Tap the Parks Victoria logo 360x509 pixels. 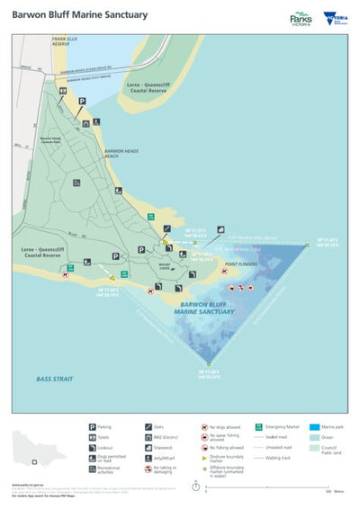300,18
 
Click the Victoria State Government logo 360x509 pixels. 333,17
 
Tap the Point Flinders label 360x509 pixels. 242,264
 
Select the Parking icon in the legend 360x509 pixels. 92,426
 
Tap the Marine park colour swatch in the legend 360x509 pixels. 314,427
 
